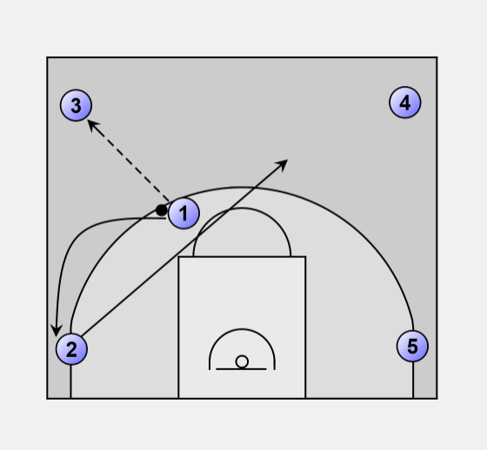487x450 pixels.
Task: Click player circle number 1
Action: [183, 213]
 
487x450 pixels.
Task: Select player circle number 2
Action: [71, 349]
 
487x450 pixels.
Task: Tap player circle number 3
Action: [76, 105]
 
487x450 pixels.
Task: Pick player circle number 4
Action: [405, 103]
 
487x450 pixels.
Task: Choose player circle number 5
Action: [412, 346]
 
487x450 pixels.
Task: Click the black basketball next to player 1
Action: [162, 210]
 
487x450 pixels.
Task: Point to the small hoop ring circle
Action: [242, 362]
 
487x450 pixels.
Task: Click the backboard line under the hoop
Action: [241, 369]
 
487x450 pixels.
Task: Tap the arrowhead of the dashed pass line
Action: [92, 125]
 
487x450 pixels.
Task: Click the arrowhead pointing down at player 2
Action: [57, 331]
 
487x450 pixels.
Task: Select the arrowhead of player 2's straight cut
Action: [283, 163]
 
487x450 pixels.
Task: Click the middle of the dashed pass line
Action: [129, 161]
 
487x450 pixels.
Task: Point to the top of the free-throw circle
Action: [242, 208]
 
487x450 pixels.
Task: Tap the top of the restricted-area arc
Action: [242, 329]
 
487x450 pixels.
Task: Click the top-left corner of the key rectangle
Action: [178, 256]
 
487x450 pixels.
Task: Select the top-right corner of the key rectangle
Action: [305, 256]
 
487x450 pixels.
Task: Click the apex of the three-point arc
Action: [242, 187]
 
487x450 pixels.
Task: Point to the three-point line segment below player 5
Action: [413, 381]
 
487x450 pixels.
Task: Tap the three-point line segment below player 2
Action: [70, 381]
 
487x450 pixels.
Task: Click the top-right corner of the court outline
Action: [437, 57]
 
